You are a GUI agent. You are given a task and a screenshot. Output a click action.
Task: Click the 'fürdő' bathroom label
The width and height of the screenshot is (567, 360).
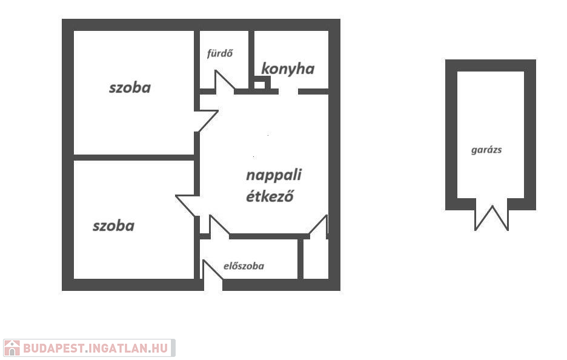coord(220,53)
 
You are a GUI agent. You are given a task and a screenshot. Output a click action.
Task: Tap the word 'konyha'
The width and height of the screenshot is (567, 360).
coord(288,68)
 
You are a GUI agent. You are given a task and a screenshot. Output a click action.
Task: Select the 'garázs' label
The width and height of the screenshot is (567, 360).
coord(486,150)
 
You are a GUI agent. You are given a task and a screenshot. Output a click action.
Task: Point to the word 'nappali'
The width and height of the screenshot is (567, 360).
coord(273,175)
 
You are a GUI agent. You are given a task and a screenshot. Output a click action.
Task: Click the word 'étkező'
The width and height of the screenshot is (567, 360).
coord(270,196)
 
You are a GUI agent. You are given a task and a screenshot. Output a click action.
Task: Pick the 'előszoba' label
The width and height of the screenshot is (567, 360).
coord(244,265)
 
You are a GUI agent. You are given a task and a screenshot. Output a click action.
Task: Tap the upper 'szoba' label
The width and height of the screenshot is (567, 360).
coord(130,87)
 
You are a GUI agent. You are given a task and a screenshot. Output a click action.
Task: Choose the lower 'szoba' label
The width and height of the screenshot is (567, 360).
coord(113,226)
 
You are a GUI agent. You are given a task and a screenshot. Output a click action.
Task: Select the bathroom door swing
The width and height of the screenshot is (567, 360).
coord(224,81)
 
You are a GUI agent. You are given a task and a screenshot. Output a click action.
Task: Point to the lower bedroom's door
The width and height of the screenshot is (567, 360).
coord(187,205)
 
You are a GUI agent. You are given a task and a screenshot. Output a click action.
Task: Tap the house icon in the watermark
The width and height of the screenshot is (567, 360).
coord(12,348)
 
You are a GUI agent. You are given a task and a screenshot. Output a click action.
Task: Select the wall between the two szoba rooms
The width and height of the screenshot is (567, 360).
coord(133,158)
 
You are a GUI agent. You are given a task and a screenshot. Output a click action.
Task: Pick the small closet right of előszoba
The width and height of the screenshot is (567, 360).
coord(315,259)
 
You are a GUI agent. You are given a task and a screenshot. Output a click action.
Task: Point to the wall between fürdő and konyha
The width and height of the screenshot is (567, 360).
coord(251,59)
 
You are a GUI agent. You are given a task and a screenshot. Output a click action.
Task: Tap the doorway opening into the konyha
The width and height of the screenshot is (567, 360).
coord(288,92)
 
